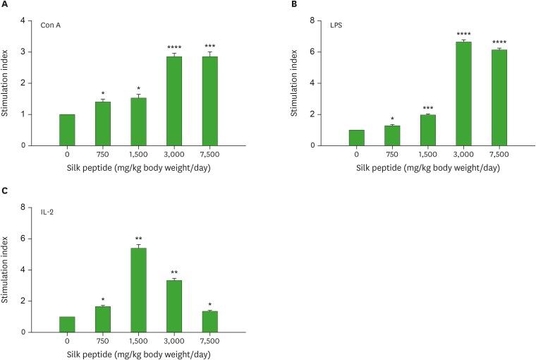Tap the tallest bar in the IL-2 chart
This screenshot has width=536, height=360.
(138, 289)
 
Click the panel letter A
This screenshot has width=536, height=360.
(5, 5)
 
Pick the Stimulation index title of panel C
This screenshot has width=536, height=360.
(6, 269)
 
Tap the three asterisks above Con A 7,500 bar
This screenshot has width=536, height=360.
(209, 45)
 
